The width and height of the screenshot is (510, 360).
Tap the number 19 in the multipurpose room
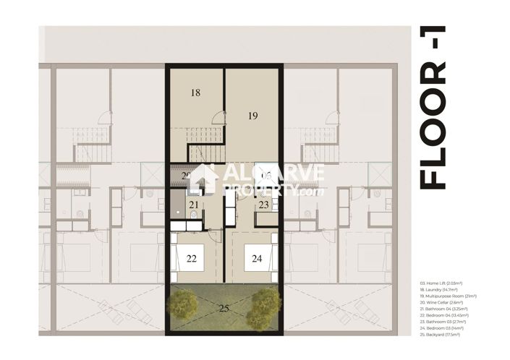252,116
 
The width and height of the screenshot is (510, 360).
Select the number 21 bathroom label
193,206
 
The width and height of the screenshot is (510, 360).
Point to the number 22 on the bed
192,258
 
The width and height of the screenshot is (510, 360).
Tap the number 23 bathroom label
264,205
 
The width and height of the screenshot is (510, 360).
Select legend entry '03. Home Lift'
440,283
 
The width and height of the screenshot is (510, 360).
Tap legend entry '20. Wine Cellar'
441,302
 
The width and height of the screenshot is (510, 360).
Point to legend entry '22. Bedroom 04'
443,316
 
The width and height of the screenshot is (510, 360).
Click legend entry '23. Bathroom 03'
443,322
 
